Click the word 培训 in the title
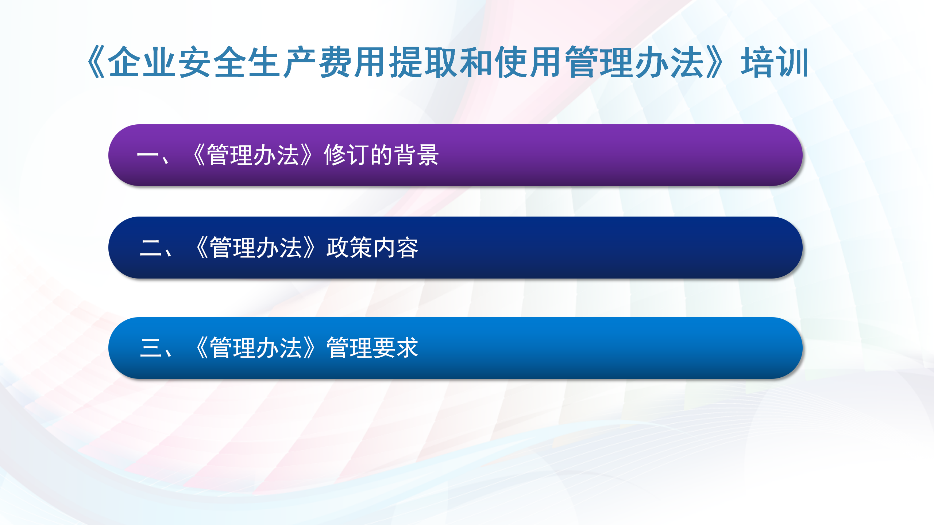point(775,62)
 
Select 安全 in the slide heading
point(212,62)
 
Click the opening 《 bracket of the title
point(96,62)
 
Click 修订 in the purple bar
point(346,155)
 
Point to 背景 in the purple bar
point(416,155)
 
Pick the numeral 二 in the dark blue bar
point(151,248)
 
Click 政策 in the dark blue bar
point(349,248)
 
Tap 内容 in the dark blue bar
point(396,248)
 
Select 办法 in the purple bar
point(276,155)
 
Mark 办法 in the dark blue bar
point(279,248)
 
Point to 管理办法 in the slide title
point(634,62)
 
